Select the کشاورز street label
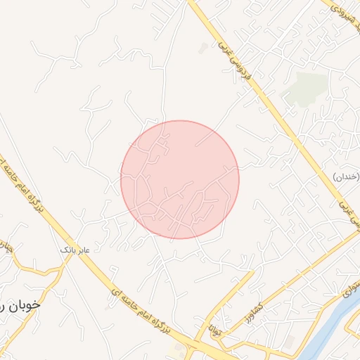pos(251,306)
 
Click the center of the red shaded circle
pos(180,179)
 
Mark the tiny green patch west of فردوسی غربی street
pos(203,48)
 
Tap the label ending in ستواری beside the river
pos(349,289)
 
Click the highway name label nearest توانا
pos(141,309)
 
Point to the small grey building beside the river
pos(289,341)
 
